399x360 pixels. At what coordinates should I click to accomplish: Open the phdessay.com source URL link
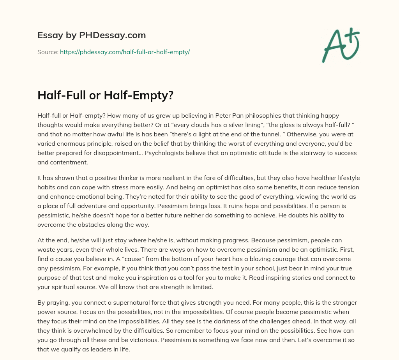coord(125,52)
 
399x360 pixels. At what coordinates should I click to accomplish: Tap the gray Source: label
coord(48,52)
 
